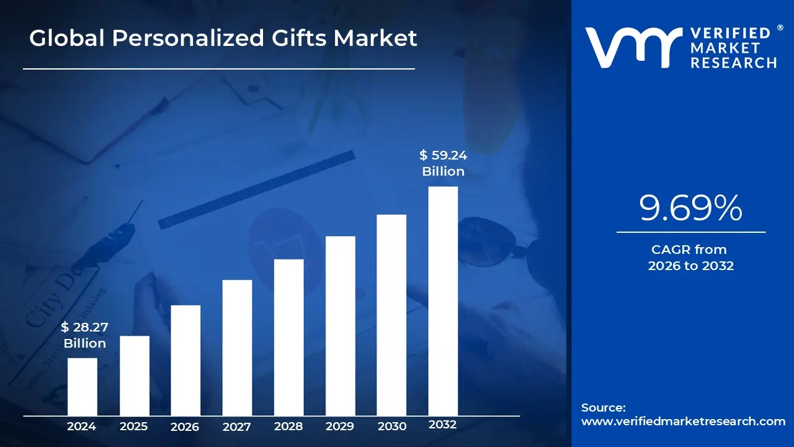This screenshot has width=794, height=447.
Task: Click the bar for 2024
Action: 82,387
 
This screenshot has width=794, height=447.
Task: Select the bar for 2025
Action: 134,376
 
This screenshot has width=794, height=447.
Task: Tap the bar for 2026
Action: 185,360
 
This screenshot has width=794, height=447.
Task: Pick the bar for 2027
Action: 237,348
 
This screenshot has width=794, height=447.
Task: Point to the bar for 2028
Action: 288,337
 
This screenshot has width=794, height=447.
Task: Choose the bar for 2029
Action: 340,326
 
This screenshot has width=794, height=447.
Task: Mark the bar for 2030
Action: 391,315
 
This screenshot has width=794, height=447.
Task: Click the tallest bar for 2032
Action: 443,301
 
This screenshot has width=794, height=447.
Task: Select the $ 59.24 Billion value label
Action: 443,163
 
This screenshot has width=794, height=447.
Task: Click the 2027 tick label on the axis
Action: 237,427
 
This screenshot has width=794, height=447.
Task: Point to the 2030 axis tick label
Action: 391,427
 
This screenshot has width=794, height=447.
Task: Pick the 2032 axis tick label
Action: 443,425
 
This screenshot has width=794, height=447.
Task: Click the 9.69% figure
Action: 690,209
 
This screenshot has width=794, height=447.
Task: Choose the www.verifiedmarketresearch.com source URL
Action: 683,422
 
